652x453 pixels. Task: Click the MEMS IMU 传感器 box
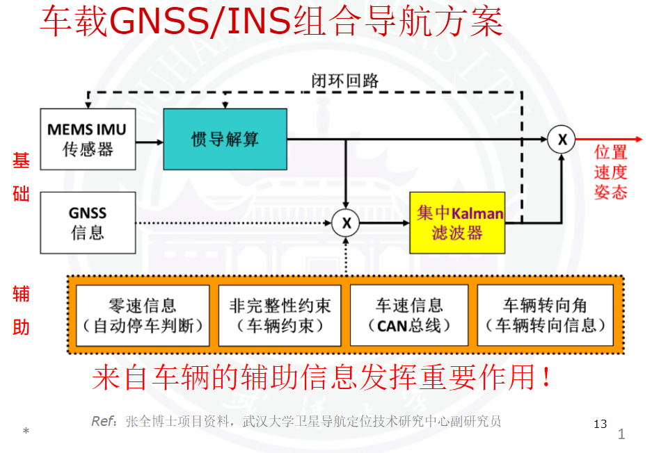pyautogui.click(x=87, y=139)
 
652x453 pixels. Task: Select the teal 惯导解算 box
pyautogui.click(x=225, y=139)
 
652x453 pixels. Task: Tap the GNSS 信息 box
pyautogui.click(x=87, y=222)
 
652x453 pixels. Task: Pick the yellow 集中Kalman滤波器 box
pyautogui.click(x=456, y=222)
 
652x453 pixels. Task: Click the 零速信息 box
pyautogui.click(x=143, y=315)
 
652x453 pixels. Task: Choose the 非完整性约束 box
pyautogui.click(x=280, y=315)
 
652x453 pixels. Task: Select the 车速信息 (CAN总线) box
pyautogui.click(x=410, y=315)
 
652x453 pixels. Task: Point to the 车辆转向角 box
pyautogui.click(x=546, y=315)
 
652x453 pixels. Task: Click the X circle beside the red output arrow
pyautogui.click(x=562, y=140)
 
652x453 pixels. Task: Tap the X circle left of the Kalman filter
pyautogui.click(x=346, y=223)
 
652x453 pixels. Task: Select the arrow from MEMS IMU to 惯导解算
pyautogui.click(x=149, y=142)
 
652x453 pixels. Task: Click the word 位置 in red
pyautogui.click(x=611, y=153)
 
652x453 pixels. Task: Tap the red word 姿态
pyautogui.click(x=611, y=192)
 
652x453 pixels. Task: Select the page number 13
pyautogui.click(x=600, y=424)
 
